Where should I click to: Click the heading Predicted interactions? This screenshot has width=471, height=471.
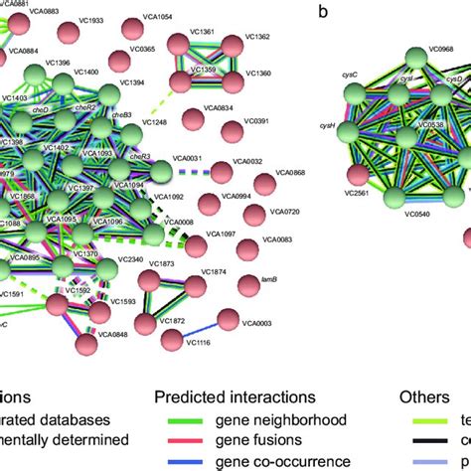point(227,396)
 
